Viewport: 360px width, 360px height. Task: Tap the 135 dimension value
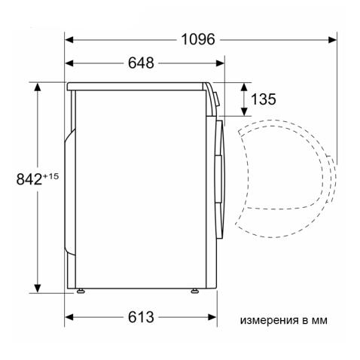pos(264,99)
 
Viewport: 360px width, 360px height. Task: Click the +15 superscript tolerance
pos(50,175)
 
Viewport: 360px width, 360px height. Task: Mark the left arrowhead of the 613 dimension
pos(69,317)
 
